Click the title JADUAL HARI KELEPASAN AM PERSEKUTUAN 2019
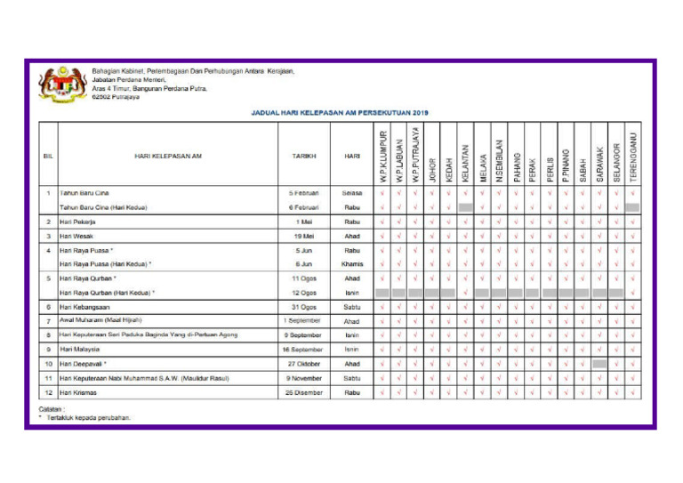point(341,113)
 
